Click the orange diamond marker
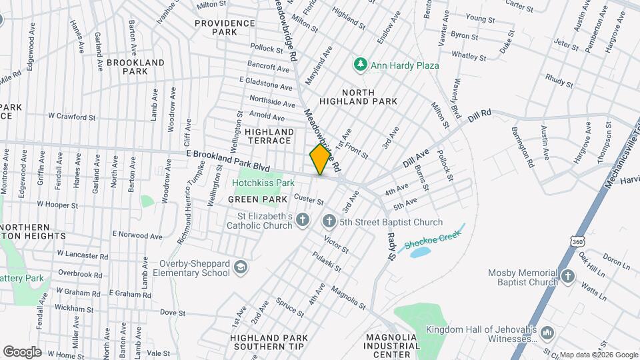click(321, 159)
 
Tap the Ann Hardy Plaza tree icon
click(361, 65)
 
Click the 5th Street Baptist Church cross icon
click(328, 221)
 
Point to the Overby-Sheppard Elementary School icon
click(239, 267)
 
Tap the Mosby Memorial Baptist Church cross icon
click(567, 277)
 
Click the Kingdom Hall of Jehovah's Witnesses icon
click(547, 332)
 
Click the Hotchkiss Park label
click(263, 183)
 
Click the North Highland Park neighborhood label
click(359, 97)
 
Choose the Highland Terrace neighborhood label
click(269, 136)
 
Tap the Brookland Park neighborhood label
click(135, 67)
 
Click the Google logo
click(22, 351)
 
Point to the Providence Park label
click(225, 27)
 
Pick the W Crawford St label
click(72, 117)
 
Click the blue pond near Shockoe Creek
click(421, 253)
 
